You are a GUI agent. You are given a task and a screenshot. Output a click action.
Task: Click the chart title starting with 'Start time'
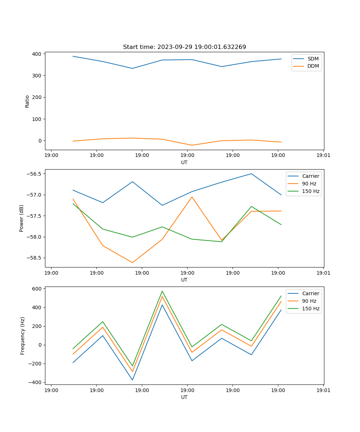pos(184,47)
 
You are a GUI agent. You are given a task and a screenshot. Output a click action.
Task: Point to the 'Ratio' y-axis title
pos(27,101)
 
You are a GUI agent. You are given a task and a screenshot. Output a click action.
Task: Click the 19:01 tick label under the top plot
pos(323,156)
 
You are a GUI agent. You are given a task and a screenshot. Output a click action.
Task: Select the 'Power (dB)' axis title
pos(22,218)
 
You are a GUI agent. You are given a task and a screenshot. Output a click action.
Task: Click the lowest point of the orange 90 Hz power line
pos(132,262)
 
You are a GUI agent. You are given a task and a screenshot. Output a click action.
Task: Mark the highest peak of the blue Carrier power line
pos(251,174)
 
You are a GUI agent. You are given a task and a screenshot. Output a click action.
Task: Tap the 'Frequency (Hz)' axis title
pos(23,336)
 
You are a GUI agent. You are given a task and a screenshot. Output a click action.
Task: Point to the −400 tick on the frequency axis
pos(36,382)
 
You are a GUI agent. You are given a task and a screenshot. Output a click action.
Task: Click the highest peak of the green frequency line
pos(162,291)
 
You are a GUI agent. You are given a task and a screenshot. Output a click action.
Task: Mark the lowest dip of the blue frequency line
pos(132,380)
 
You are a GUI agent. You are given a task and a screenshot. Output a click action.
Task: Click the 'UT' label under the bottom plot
pos(184,397)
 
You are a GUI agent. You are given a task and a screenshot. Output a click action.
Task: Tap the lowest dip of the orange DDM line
pos(192,145)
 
